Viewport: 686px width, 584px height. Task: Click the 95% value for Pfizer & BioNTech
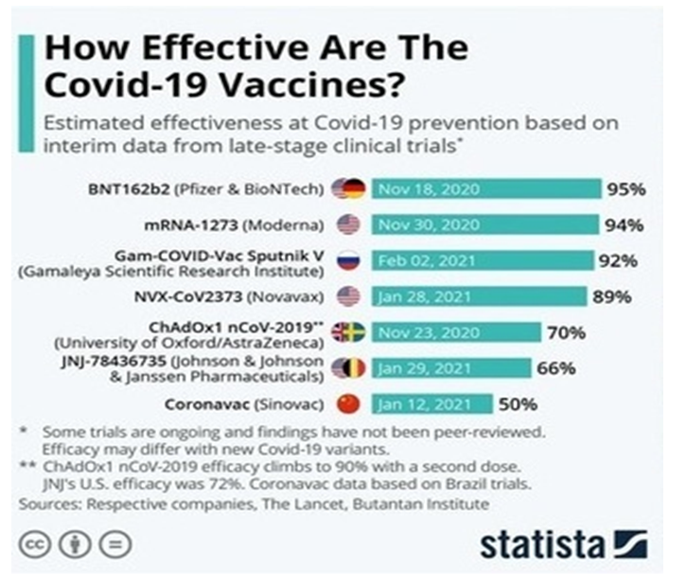[x=626, y=188]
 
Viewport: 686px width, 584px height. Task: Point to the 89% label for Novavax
[x=612, y=296]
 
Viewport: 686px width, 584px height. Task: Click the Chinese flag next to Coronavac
[x=348, y=404]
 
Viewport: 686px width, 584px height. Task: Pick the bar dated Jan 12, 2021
[x=431, y=404]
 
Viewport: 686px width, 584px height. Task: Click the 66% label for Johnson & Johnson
[x=556, y=368]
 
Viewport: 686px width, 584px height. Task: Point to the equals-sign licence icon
[x=116, y=545]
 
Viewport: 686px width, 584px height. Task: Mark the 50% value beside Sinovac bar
[x=519, y=404]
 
